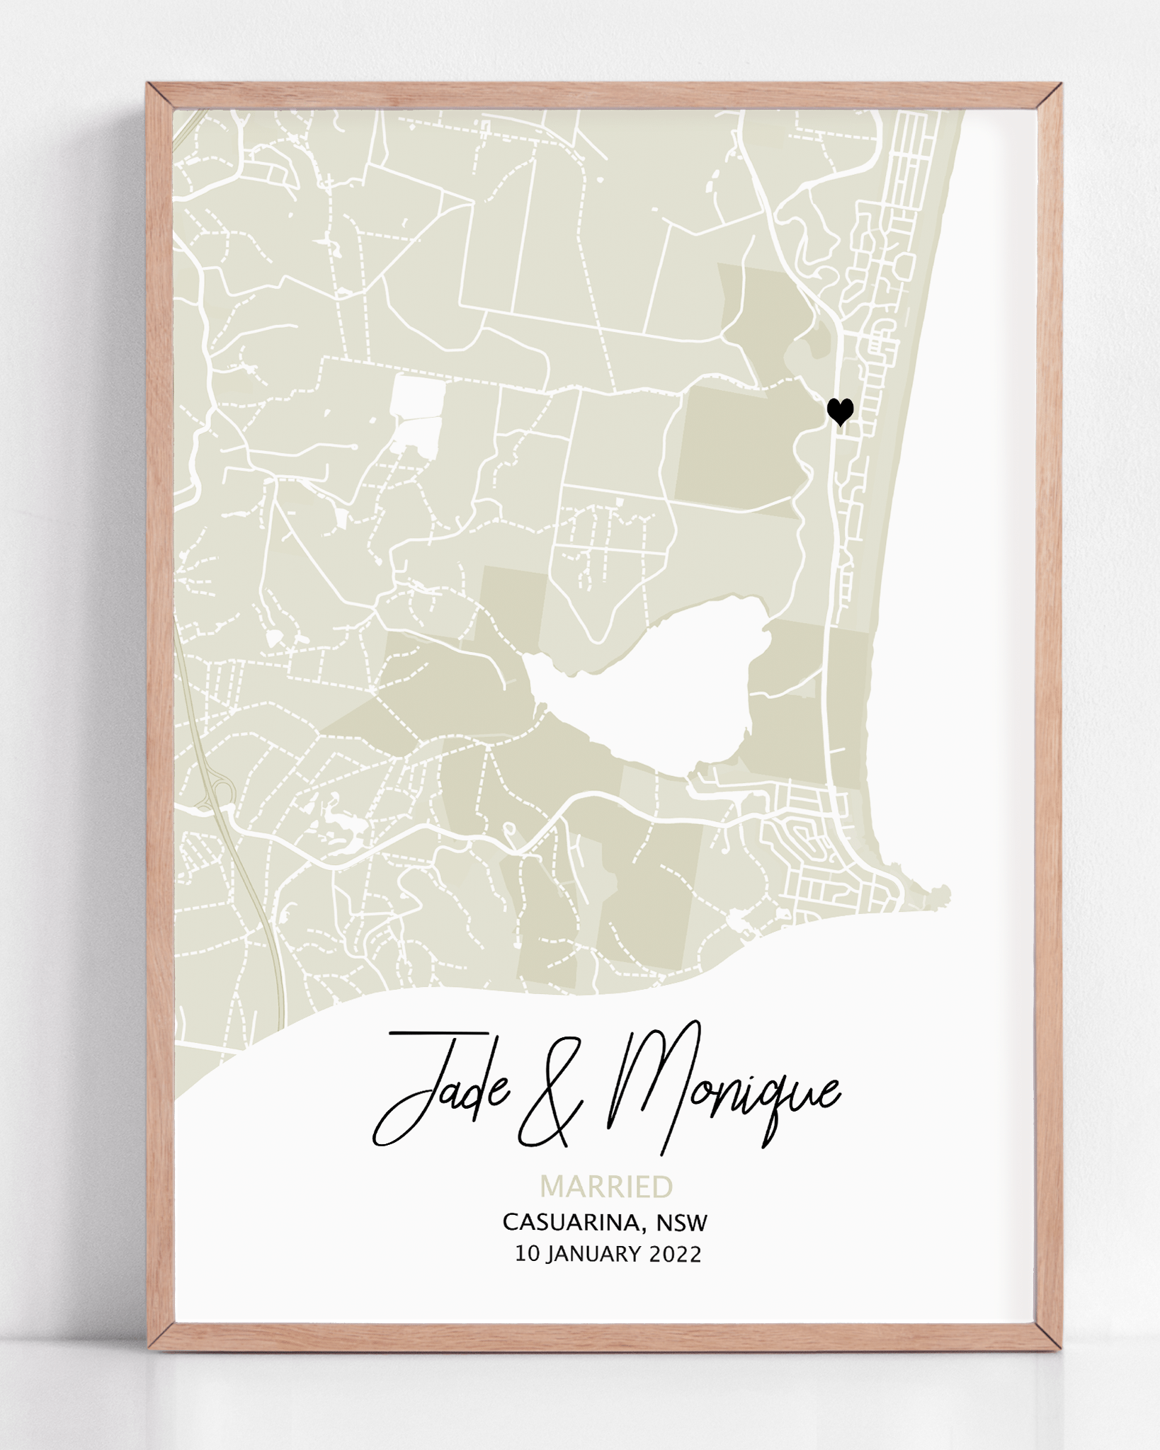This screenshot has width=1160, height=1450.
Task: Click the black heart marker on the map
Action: pyautogui.click(x=840, y=411)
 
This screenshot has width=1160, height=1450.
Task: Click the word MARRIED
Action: pyautogui.click(x=606, y=1187)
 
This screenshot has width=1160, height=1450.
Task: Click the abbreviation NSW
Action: pyautogui.click(x=682, y=1222)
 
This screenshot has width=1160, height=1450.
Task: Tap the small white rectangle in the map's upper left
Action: pyautogui.click(x=419, y=396)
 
